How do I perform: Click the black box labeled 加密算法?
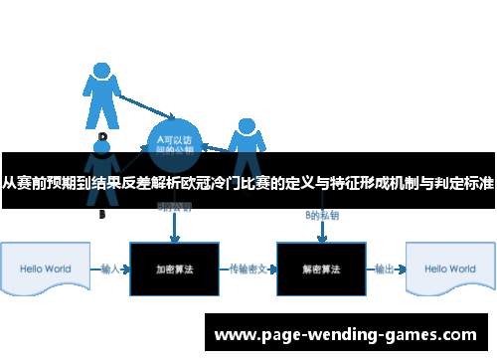click(174, 269)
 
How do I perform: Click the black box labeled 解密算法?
click(321, 269)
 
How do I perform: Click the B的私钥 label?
click(320, 215)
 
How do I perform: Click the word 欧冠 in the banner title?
click(229, 183)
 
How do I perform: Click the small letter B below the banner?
click(101, 214)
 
